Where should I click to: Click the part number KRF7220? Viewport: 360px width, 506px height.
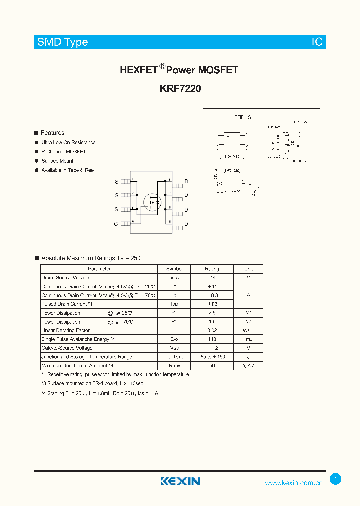[x=180, y=89]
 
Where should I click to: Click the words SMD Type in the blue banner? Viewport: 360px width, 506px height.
[x=62, y=42]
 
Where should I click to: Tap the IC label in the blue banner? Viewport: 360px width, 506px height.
[x=317, y=42]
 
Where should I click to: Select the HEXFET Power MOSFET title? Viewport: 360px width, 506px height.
[x=179, y=70]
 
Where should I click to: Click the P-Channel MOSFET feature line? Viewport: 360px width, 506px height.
[x=64, y=152]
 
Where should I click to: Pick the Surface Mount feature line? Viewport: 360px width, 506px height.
[x=57, y=161]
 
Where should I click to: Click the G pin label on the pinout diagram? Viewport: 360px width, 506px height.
[x=116, y=224]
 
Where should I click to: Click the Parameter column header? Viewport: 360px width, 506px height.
[x=99, y=269]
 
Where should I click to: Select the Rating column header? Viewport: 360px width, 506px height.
[x=212, y=269]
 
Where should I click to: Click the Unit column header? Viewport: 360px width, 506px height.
[x=248, y=269]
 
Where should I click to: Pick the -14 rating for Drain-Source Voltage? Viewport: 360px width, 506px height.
[x=212, y=278]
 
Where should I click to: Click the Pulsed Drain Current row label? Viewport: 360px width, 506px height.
[x=67, y=304]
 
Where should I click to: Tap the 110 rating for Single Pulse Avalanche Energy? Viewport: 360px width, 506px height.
[x=212, y=339]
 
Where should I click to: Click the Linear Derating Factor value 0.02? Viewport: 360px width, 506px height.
[x=212, y=330]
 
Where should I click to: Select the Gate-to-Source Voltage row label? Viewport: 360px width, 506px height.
[x=67, y=348]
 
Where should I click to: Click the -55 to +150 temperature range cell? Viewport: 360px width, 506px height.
[x=212, y=357]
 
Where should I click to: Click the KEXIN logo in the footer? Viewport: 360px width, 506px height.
[x=180, y=481]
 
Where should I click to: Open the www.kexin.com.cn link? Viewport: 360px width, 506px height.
[x=294, y=483]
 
